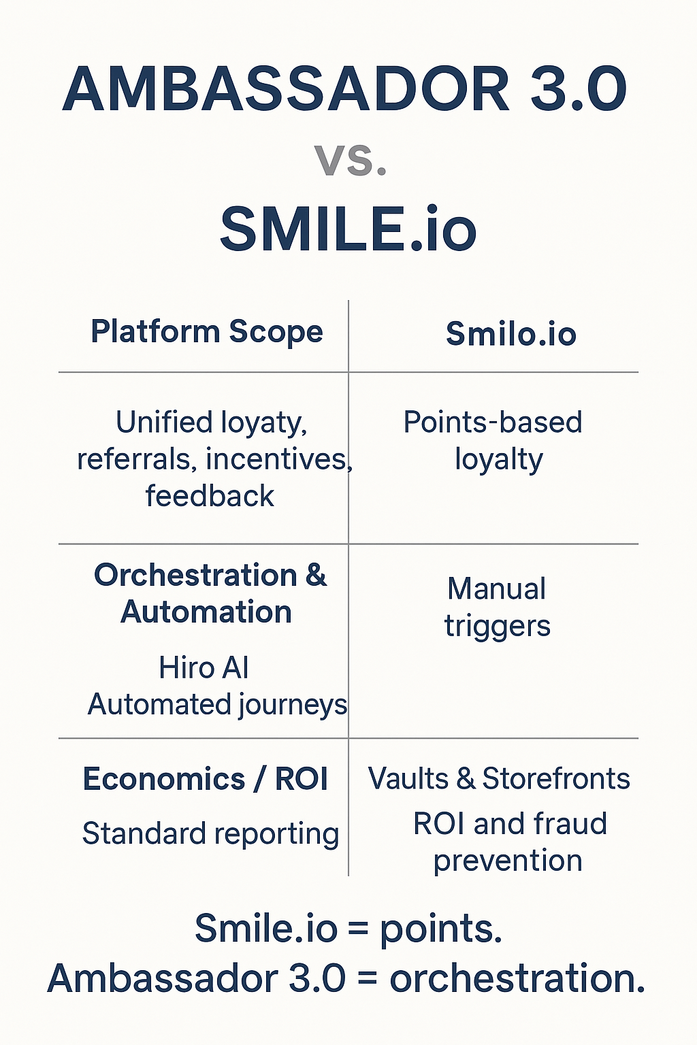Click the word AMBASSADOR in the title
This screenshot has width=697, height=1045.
[286, 90]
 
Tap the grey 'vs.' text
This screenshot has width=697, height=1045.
[351, 161]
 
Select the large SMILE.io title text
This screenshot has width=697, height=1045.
[348, 229]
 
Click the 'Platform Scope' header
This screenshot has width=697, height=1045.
[207, 332]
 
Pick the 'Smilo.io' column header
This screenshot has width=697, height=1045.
[510, 334]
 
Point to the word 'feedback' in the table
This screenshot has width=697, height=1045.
[210, 496]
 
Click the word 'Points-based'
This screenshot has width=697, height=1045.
[493, 422]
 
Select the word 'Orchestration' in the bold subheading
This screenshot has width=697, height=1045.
[195, 576]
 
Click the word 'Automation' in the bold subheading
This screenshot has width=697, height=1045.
[206, 612]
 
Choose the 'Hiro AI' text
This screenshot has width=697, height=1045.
[204, 668]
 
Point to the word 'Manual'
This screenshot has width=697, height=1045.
[496, 589]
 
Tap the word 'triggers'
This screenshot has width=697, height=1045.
[497, 627]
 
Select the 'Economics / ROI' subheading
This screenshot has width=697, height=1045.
[205, 779]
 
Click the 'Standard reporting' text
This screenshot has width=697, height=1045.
[210, 834]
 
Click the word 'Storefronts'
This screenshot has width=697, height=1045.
[556, 779]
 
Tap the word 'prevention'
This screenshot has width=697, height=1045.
[508, 861]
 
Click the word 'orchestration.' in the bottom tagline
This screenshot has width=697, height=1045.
[517, 979]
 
